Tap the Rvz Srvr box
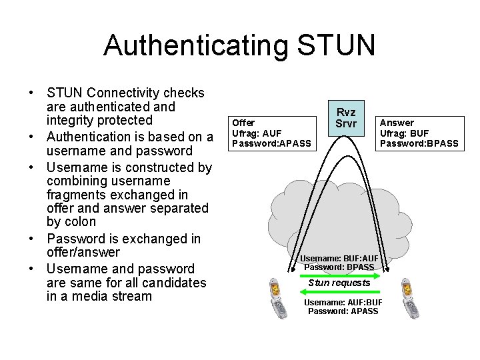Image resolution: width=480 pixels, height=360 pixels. pos(346,117)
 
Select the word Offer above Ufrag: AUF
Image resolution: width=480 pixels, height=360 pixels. pos(243,123)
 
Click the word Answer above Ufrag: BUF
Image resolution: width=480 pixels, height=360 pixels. pos(397,123)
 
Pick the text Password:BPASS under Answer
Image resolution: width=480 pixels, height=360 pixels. pos(419,143)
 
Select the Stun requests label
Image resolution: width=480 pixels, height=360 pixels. pos(339,283)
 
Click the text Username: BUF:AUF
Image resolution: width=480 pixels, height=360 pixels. pos(339,258)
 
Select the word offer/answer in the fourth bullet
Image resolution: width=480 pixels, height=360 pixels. pos(83,252)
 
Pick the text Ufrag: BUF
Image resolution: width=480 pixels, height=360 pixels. pos(404,133)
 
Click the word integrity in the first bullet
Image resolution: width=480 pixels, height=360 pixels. pos(72,120)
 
